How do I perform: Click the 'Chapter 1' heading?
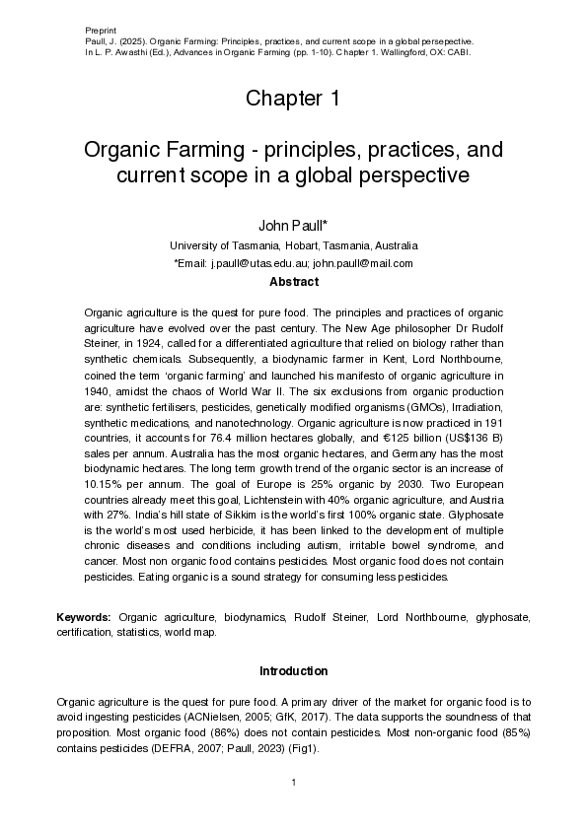point(293,99)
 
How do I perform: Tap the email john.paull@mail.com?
point(363,263)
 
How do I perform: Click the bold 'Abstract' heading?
point(293,282)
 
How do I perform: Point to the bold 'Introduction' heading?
point(293,671)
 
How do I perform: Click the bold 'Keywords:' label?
point(84,618)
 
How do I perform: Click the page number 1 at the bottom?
point(293,783)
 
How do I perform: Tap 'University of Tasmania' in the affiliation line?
point(225,245)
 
